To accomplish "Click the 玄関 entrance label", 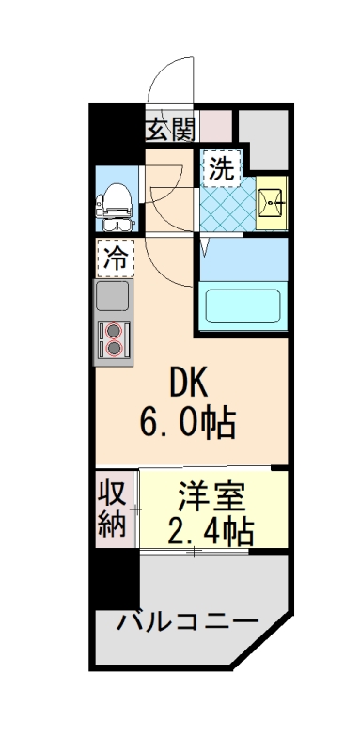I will (x=169, y=129).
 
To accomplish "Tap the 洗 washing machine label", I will (x=222, y=170).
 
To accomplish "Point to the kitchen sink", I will (x=115, y=299).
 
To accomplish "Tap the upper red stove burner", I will (x=116, y=331).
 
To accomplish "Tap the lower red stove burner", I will (x=116, y=348).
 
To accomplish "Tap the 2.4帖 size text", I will (x=211, y=532).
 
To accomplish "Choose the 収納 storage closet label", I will (x=113, y=509).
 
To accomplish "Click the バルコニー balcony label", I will (x=187, y=622).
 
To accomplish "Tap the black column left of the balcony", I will (x=115, y=578).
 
